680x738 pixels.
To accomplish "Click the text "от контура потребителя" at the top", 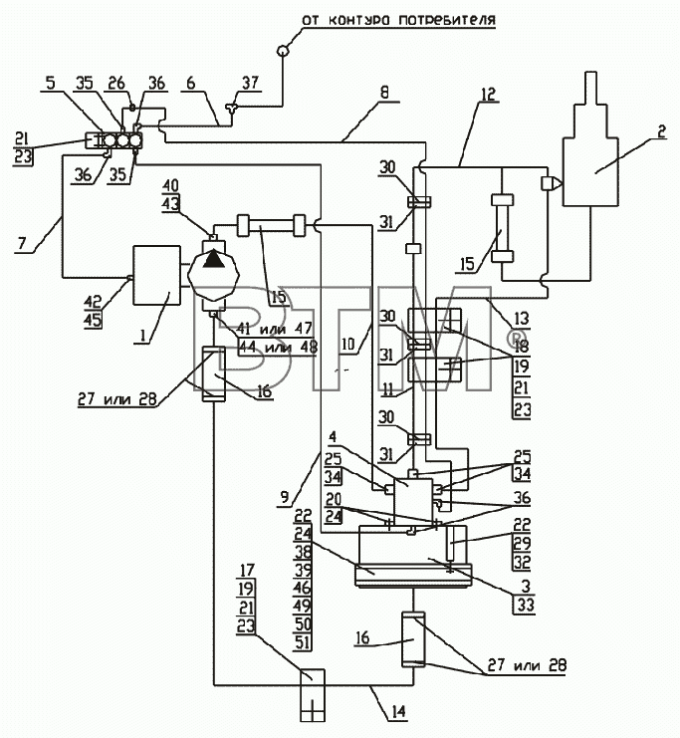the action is (x=398, y=20).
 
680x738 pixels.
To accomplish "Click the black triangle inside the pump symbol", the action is (x=213, y=259).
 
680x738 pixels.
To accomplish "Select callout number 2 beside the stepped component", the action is (x=661, y=131).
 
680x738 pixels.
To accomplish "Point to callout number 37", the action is (x=250, y=83).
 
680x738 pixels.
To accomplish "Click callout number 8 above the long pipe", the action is (x=384, y=93).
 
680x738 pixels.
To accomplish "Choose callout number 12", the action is (x=488, y=95).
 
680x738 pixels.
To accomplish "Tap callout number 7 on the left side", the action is (x=22, y=243).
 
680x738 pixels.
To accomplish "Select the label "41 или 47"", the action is (x=276, y=328).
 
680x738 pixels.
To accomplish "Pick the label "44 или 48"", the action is (x=278, y=348).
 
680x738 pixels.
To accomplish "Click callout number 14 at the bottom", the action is (x=398, y=711).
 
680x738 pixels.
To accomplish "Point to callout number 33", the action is (x=526, y=605).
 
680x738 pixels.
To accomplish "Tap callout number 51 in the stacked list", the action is (x=302, y=642).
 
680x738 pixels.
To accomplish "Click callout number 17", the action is (x=247, y=571).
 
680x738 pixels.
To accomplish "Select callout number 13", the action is (x=522, y=319).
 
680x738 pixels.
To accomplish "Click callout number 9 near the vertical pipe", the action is (x=284, y=498).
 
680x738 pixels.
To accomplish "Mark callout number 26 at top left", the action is (x=116, y=83).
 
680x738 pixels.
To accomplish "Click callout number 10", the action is (x=347, y=344).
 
